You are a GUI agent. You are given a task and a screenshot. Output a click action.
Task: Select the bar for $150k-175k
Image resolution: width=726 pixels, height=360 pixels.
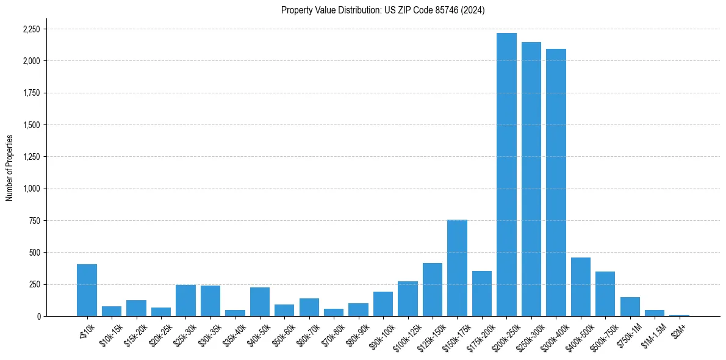pos(457,268)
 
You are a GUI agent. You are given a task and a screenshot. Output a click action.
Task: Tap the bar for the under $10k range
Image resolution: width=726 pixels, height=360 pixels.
pos(87,290)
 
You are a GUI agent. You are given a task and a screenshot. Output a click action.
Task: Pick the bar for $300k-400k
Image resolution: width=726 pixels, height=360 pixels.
pos(556,182)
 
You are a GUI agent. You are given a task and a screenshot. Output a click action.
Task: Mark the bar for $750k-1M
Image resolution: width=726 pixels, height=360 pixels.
pos(630,306)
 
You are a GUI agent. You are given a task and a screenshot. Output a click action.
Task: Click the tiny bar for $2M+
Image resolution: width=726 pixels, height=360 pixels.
pos(679,315)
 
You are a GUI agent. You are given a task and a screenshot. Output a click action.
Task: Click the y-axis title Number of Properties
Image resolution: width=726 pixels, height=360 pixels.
pos(10,168)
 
